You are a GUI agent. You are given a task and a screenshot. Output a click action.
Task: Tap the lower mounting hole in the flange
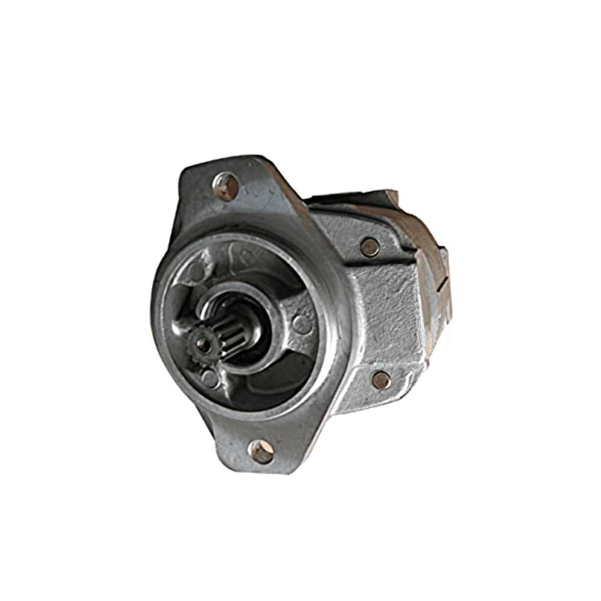pyautogui.click(x=261, y=451)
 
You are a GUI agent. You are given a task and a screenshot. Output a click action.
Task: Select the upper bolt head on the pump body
pyautogui.click(x=370, y=246)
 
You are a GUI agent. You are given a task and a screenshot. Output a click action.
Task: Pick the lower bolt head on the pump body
pyautogui.click(x=380, y=380)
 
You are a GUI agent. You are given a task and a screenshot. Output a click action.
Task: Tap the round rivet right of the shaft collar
pyautogui.click(x=301, y=324)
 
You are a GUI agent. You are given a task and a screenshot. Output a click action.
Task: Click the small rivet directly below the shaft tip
pyautogui.click(x=209, y=377)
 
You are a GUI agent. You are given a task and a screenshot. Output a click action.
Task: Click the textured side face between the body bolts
pyautogui.click(x=385, y=313)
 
